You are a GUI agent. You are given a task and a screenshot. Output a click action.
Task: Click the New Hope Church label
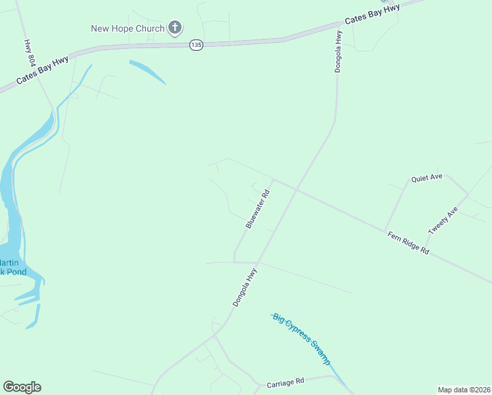coord(127,28)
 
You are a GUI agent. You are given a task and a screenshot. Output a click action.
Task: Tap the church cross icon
coord(175,28)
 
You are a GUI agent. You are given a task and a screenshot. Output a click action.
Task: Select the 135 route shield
coord(196,45)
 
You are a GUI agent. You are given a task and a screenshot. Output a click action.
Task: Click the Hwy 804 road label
coord(30,52)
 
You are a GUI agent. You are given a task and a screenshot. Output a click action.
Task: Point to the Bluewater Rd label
coord(258,209)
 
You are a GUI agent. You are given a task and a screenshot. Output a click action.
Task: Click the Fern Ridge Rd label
coord(408,243)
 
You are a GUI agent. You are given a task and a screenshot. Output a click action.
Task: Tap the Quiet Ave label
coord(427,178)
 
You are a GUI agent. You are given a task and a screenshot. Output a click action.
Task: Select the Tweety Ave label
coord(443,221)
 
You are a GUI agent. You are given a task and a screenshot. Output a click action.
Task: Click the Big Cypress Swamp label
coord(301,338)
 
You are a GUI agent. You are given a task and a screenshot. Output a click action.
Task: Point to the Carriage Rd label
coord(285,382)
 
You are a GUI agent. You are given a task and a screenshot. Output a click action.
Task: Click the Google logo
coord(22,387)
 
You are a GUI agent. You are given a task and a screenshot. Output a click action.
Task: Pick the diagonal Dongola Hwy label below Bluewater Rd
coord(245,287)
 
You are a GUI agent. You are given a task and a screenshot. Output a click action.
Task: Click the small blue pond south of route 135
coord(147,72)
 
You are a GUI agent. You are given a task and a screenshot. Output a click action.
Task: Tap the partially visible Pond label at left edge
coord(12,271)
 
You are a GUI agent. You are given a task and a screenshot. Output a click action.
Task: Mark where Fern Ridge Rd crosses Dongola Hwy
coord(295,190)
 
